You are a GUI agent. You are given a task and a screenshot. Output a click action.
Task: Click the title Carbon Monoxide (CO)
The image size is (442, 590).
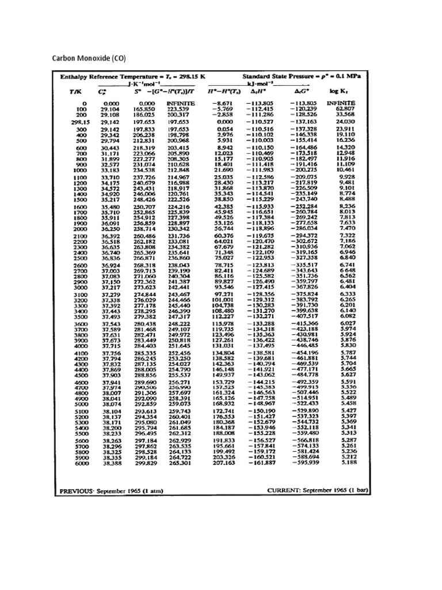pos(89,58)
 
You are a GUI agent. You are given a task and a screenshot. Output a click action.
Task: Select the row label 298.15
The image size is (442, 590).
pos(80,122)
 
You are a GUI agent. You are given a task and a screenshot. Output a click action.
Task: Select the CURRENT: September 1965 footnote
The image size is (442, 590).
pos(318,491)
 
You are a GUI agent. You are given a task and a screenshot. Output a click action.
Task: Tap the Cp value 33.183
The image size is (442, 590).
pos(110,169)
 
